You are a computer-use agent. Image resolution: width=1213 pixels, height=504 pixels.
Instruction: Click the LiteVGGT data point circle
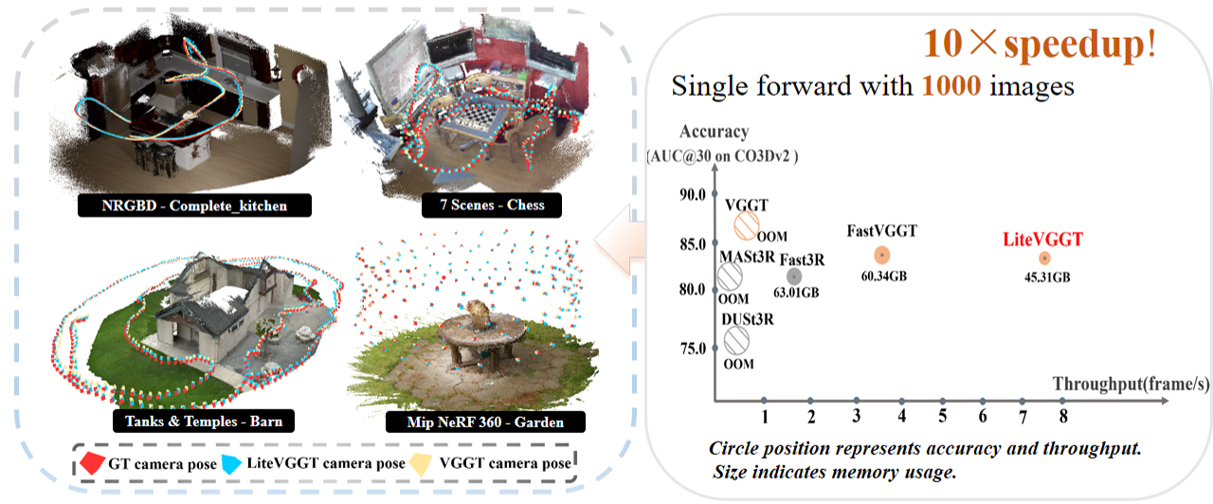coord(1044,257)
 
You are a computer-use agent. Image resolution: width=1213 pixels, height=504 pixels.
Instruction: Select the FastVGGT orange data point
coord(881,254)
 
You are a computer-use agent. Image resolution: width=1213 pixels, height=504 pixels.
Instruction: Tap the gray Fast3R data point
coord(794,276)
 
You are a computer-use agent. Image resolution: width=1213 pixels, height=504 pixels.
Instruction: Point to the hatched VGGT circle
coord(747,225)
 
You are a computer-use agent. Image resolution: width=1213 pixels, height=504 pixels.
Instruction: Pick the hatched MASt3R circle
coord(730,276)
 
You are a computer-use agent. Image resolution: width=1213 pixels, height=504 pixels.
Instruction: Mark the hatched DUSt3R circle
coord(736,338)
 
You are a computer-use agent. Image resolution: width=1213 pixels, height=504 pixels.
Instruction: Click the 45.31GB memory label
coord(1047,278)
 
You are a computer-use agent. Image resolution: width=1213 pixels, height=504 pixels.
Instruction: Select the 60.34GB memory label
coord(884,276)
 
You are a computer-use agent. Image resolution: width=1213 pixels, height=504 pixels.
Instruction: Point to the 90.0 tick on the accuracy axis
coord(693,194)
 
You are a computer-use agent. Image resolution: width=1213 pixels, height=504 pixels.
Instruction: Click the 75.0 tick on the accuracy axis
coord(693,348)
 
